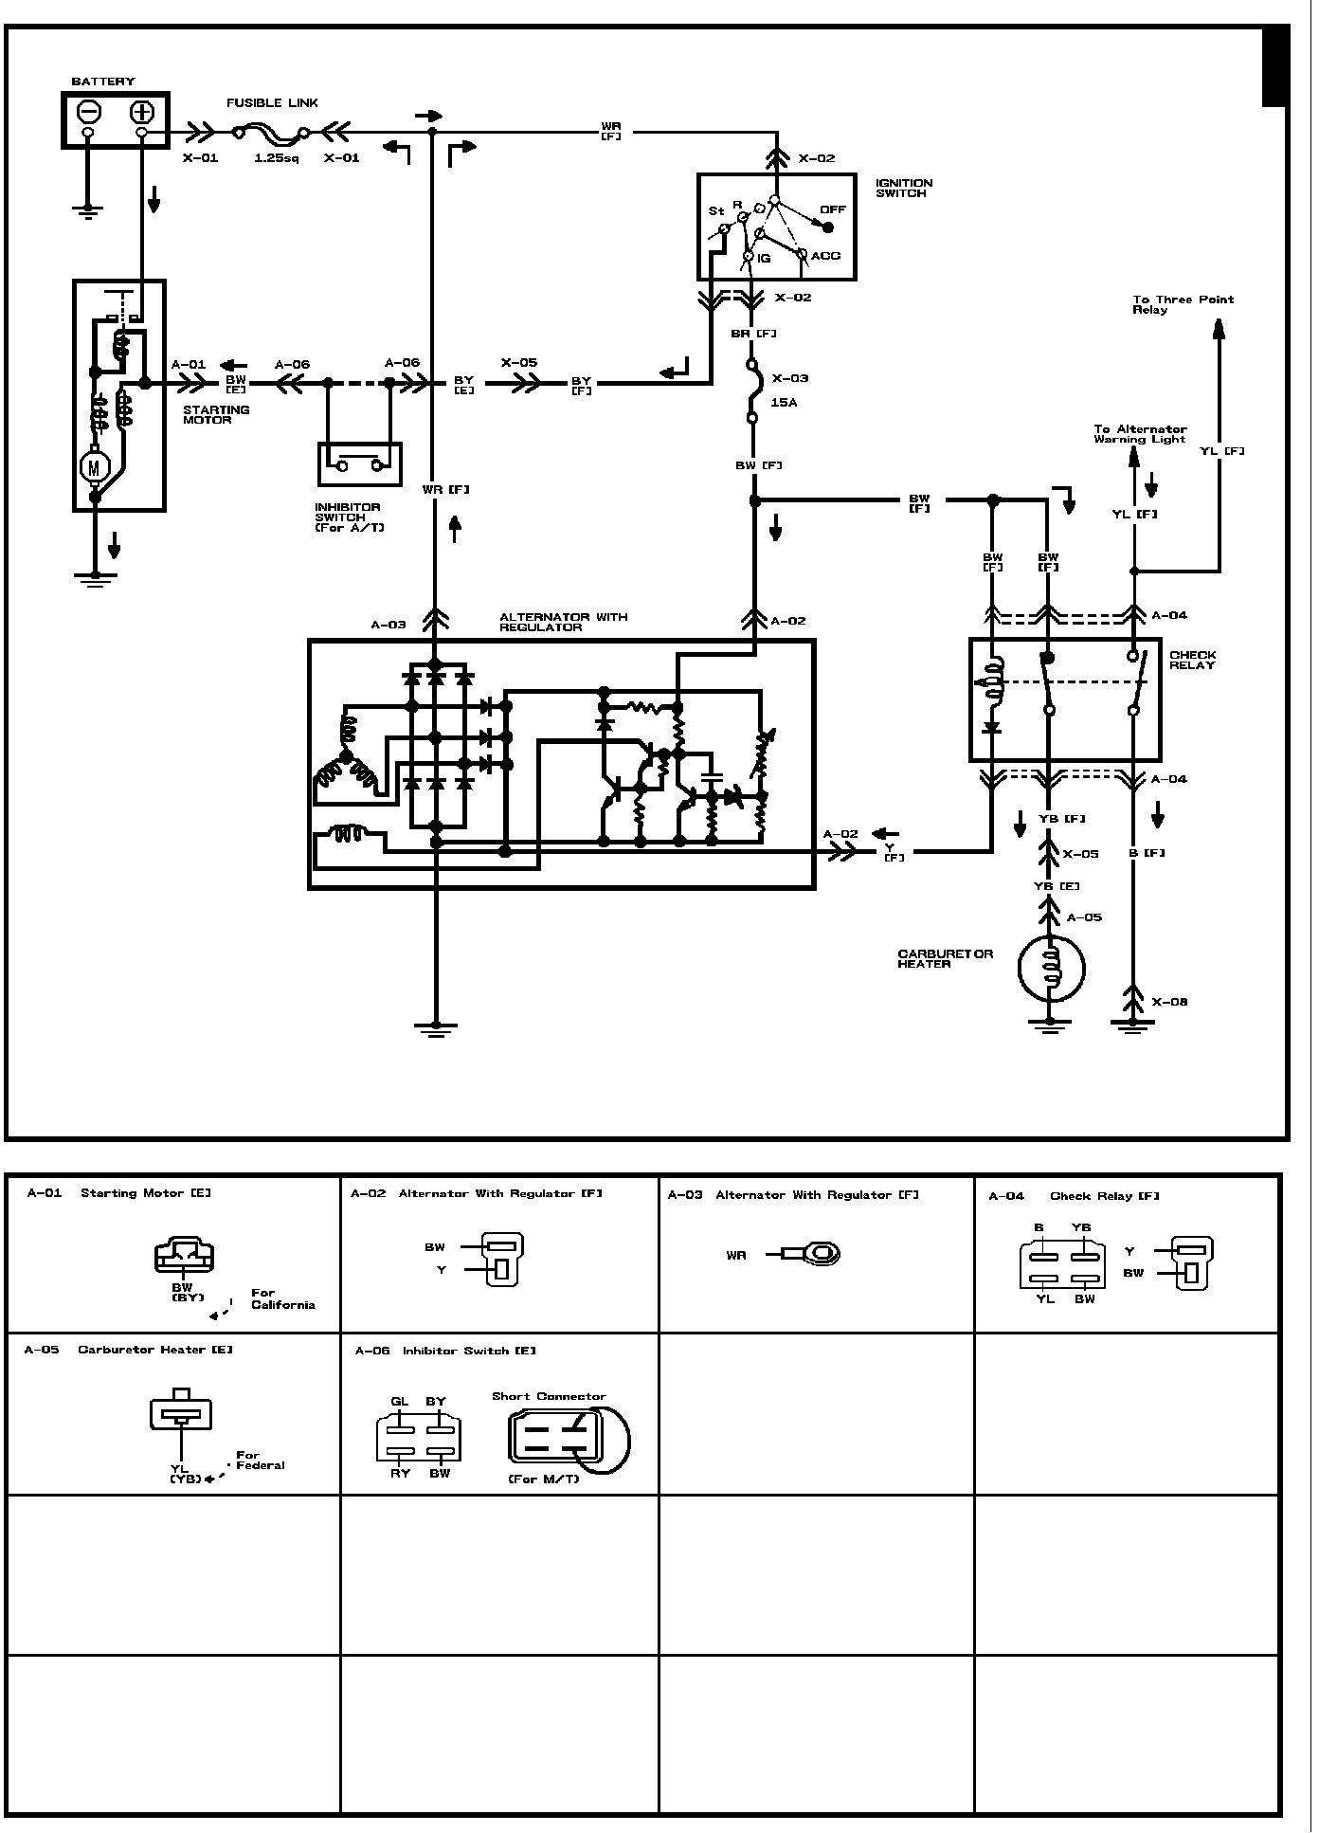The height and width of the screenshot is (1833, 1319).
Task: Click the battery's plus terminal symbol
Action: click(x=141, y=112)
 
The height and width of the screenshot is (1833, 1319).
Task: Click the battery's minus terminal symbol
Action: click(x=89, y=112)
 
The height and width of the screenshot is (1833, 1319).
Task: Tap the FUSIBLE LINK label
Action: click(x=272, y=102)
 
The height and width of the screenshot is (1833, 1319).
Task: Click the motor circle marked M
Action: click(x=94, y=465)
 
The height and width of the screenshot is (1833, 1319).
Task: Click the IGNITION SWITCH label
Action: click(x=903, y=188)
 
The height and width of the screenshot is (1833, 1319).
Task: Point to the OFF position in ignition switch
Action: click(x=832, y=210)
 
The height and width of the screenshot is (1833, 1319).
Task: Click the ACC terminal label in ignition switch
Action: click(x=825, y=256)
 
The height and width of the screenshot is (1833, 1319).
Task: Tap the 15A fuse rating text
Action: click(x=784, y=403)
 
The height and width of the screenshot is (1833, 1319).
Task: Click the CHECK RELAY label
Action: click(x=1192, y=660)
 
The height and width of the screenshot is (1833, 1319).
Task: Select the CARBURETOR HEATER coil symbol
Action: click(x=1050, y=968)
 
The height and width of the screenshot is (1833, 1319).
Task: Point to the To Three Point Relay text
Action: click(x=1183, y=304)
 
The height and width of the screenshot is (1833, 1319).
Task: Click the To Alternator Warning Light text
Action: click(x=1140, y=434)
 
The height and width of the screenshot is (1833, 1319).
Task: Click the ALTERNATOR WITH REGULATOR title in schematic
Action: click(x=563, y=622)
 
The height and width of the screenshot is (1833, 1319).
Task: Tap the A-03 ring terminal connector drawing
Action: click(x=812, y=1255)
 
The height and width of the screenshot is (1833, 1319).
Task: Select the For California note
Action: click(x=281, y=1298)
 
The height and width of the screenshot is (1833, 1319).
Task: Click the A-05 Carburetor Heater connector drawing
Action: click(x=181, y=1410)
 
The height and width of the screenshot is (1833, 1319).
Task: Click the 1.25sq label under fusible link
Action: click(x=276, y=158)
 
